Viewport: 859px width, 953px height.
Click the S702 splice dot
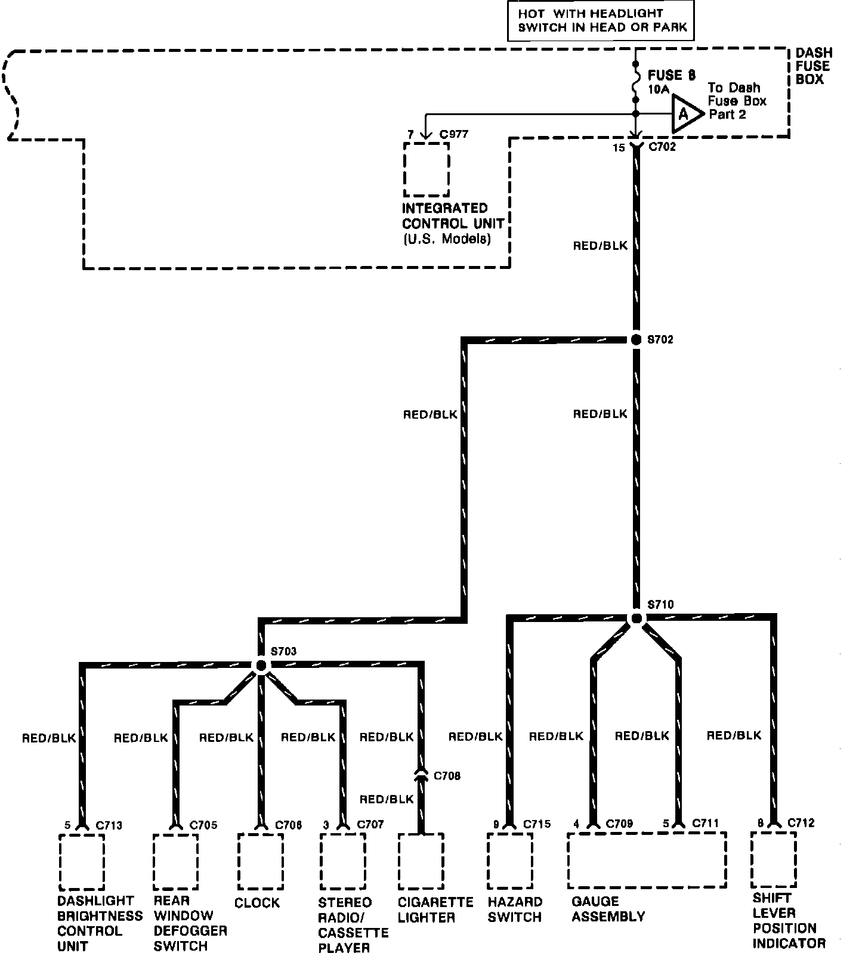pos(636,339)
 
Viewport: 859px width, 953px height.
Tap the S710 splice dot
pos(636,618)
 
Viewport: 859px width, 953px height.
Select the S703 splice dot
pos(261,666)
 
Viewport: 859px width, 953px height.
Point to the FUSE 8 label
pos(671,75)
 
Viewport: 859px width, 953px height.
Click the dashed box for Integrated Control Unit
pos(426,169)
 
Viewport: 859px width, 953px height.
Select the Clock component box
pos(260,861)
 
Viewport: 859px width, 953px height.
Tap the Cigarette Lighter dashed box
pos(421,861)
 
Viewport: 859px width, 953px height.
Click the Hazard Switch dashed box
pos(509,861)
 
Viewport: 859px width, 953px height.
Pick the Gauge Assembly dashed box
pos(647,860)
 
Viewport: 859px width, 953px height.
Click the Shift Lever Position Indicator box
pos(773,859)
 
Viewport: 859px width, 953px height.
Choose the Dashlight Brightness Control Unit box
pos(82,862)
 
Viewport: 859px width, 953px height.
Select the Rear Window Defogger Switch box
pos(175,862)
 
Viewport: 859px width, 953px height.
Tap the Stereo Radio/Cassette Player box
pos(342,862)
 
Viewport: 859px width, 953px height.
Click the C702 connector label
pos(662,147)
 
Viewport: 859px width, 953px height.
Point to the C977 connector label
pos(454,134)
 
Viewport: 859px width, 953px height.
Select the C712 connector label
pos(801,823)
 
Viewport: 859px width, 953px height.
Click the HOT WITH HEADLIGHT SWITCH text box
pos(600,20)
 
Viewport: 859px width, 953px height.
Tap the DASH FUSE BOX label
pos(813,66)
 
